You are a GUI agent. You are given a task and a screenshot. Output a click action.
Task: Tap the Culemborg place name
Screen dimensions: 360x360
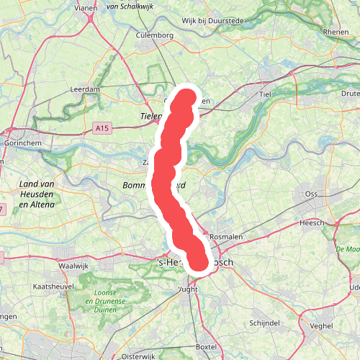154,35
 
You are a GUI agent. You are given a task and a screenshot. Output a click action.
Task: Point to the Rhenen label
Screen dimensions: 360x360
336,32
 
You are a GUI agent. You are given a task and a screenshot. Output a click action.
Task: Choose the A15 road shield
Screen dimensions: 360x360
103,127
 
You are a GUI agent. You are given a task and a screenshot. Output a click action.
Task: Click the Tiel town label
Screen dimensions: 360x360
269,94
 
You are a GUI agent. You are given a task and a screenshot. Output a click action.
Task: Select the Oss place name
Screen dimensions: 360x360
311,194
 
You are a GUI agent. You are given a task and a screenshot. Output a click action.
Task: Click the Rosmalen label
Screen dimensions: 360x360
225,236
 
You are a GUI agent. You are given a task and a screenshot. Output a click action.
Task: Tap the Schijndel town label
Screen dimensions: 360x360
264,322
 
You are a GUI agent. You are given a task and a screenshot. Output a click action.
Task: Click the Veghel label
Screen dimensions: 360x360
322,325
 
